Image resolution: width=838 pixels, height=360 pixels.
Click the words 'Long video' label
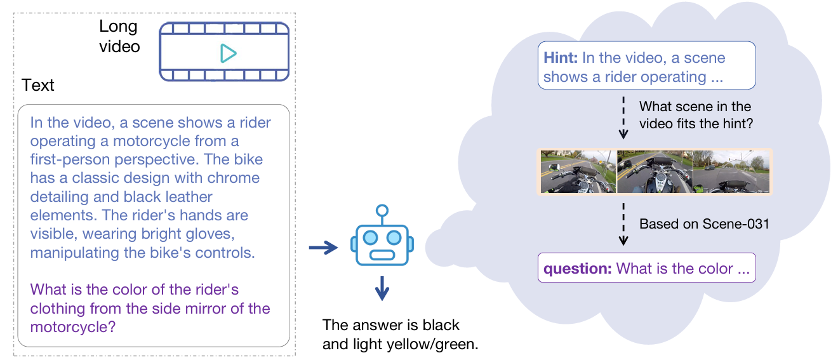coord(119,37)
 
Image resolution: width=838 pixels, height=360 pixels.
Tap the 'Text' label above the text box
coord(38,86)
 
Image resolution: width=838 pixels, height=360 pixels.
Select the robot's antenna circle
coord(382,210)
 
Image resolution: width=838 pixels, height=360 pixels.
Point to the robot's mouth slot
coord(382,256)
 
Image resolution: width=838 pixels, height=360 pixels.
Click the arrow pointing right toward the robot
coord(323,247)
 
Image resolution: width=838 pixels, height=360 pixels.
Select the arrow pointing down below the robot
coord(382,290)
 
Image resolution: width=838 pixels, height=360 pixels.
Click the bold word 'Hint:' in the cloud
coord(561,58)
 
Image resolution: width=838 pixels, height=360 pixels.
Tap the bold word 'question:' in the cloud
coord(577,269)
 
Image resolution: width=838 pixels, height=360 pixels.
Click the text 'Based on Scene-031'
coord(704,223)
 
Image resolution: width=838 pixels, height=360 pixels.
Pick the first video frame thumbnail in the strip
coord(578,171)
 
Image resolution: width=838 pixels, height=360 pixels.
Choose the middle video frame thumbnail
coord(654,171)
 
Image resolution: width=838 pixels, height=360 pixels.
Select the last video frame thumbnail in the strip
coord(731,171)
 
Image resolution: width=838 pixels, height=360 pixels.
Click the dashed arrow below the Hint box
coord(623,117)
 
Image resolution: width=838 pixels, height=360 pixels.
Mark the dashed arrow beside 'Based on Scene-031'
coord(623,224)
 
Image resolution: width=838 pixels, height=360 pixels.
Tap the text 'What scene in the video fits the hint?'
coord(695,115)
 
